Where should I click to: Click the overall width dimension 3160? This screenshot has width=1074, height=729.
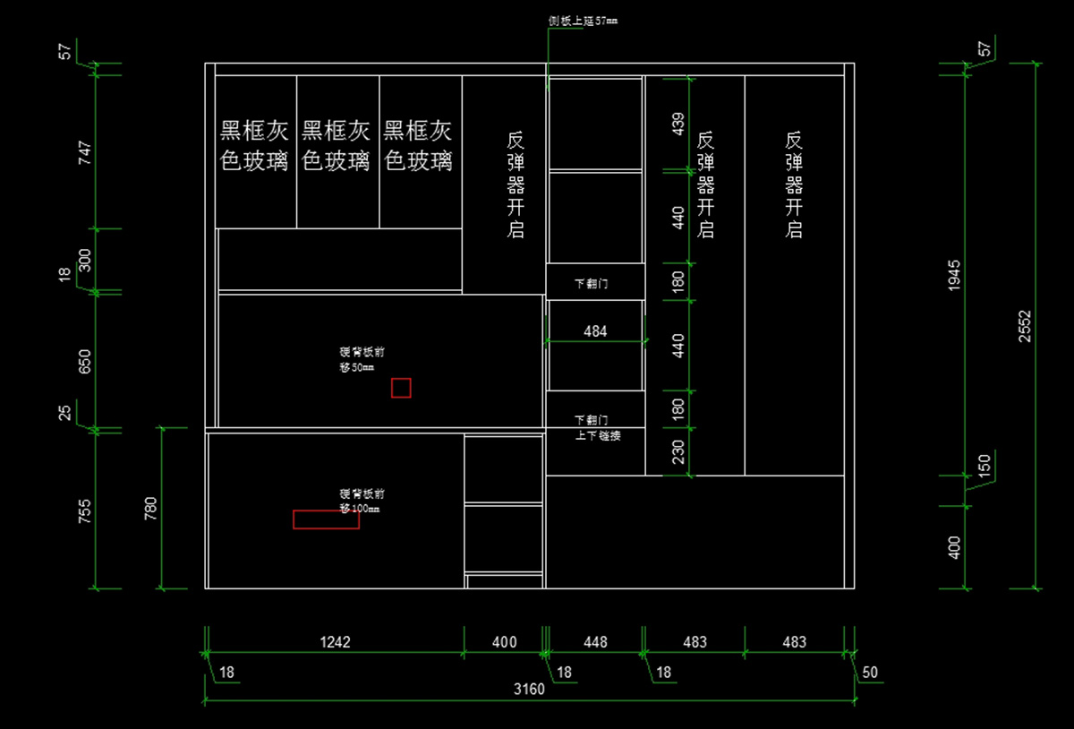click(529, 690)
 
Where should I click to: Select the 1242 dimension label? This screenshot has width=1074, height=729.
click(335, 642)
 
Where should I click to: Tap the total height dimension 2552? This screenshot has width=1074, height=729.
click(1025, 327)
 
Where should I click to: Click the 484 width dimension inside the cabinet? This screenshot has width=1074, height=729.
click(595, 331)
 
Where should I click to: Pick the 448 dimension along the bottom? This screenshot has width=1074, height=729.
click(595, 642)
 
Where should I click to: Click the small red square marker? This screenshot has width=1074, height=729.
click(401, 388)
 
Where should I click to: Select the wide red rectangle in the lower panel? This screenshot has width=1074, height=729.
click(326, 519)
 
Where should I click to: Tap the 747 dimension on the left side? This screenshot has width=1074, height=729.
click(86, 153)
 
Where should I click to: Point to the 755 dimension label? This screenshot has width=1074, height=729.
click(86, 510)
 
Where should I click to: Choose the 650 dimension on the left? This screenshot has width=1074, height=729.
click(86, 361)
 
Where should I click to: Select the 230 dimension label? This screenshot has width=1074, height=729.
click(678, 451)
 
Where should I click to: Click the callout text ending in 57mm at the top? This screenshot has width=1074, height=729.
click(583, 20)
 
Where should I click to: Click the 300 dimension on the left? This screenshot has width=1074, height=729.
click(86, 261)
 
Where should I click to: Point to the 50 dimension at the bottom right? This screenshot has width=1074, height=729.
click(870, 672)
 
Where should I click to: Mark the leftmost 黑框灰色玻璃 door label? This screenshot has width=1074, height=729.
click(255, 146)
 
